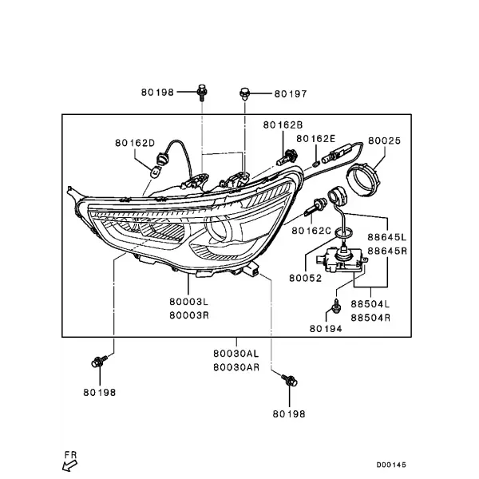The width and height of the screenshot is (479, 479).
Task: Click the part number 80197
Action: click(291, 93)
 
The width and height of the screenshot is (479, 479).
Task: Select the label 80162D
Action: click(135, 143)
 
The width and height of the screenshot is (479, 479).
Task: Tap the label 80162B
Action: click(283, 125)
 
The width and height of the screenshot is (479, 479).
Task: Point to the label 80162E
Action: click(316, 139)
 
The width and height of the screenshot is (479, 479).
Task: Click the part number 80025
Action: click(384, 141)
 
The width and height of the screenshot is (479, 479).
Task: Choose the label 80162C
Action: click(311, 231)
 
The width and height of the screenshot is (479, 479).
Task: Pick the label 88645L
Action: click(387, 237)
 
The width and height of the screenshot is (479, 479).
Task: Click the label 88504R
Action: click(370, 318)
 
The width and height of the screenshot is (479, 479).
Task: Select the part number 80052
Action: click(305, 279)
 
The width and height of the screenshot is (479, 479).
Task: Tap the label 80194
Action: click(326, 329)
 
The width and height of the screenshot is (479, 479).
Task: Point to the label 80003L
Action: click(188, 302)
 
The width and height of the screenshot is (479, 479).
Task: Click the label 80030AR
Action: click(236, 367)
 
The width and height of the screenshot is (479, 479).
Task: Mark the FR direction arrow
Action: click(69, 466)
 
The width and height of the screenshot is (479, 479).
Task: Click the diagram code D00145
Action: click(391, 465)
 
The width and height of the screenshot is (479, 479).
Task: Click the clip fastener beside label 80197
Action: click(244, 94)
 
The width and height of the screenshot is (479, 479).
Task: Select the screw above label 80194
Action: click(337, 306)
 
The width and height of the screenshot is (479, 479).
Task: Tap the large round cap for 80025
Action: click(363, 180)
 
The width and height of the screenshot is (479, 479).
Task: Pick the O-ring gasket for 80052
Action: click(343, 233)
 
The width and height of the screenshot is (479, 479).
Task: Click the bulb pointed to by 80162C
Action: click(316, 206)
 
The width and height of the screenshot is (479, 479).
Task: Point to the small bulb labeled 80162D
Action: click(156, 172)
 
